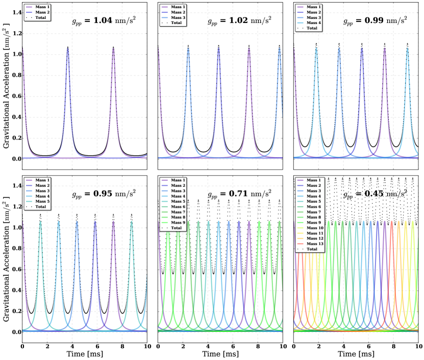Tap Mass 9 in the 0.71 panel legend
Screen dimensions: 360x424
pos(178,223)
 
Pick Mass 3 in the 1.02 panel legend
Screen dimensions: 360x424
pos(178,17)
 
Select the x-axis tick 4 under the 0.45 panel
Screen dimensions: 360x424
pos(344,347)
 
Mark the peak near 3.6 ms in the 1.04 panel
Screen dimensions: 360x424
pos(68,47)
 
